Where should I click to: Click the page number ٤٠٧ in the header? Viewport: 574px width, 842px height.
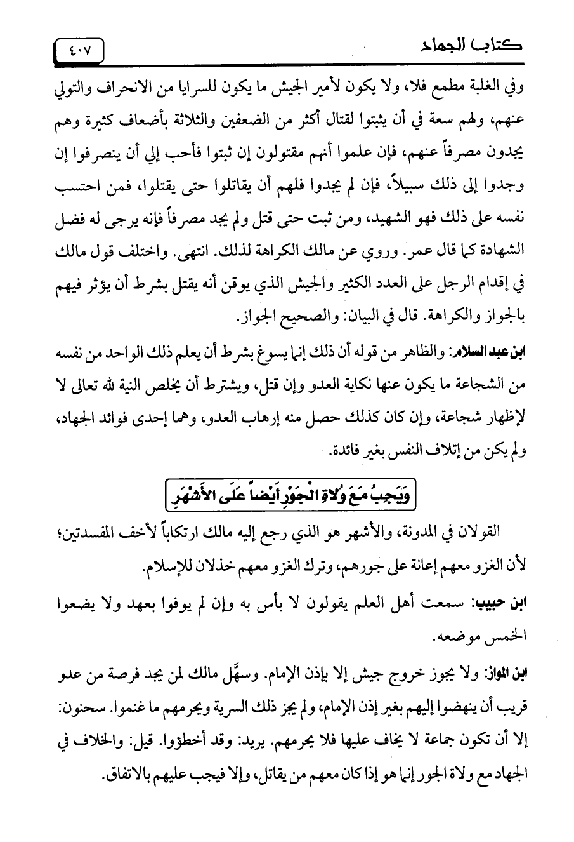click(79, 50)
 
